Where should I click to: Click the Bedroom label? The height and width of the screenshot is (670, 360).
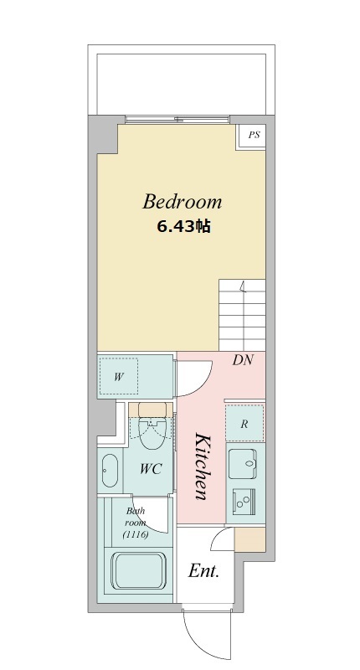point(182,202)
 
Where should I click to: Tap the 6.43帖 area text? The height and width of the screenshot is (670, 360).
point(183,226)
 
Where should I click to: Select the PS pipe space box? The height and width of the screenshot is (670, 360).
point(251,137)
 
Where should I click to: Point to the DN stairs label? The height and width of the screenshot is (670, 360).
point(243,360)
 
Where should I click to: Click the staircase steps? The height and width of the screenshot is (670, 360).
point(242,316)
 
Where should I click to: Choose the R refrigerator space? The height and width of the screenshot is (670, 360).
point(244,423)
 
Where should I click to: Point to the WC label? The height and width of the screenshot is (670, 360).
point(151,469)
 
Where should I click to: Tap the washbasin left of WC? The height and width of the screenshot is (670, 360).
point(110,470)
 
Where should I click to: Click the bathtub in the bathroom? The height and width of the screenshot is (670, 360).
point(138,571)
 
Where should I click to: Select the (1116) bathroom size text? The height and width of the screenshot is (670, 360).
point(136,534)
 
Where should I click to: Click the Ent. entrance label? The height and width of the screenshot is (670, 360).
point(203,571)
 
